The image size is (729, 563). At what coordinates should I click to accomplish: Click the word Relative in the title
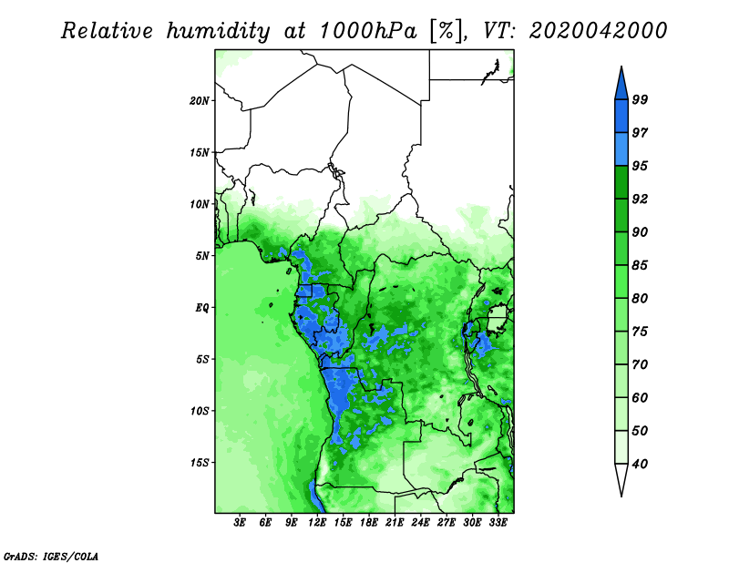pos(107,31)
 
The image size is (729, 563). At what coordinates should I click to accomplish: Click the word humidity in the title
pos(219,32)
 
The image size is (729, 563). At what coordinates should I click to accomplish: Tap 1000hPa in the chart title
pos(368,31)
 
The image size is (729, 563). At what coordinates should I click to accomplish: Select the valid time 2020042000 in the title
pos(598,31)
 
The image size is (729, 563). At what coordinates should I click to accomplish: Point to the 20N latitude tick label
pos(200,101)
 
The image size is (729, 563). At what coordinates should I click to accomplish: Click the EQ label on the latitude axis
pos(202,308)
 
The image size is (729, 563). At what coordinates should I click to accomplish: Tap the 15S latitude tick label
pos(200,463)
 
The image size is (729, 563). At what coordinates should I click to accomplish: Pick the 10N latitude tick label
pos(200,204)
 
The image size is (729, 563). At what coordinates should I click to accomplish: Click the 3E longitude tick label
pos(240,523)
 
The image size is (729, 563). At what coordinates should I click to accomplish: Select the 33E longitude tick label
pos(498,523)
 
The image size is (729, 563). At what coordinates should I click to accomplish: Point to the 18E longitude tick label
pos(369,523)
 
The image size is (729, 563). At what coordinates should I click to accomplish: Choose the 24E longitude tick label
pos(420,523)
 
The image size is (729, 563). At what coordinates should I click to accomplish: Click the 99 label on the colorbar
pos(640,99)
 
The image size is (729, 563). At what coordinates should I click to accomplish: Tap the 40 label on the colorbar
pos(640,464)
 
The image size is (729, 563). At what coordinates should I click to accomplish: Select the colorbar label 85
pos(640,265)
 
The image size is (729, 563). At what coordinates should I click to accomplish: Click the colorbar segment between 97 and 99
pos(621,117)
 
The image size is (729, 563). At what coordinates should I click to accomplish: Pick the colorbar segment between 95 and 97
pos(621,149)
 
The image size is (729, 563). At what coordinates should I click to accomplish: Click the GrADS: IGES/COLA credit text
pos(51,556)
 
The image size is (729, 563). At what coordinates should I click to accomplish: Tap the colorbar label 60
pos(640,397)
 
